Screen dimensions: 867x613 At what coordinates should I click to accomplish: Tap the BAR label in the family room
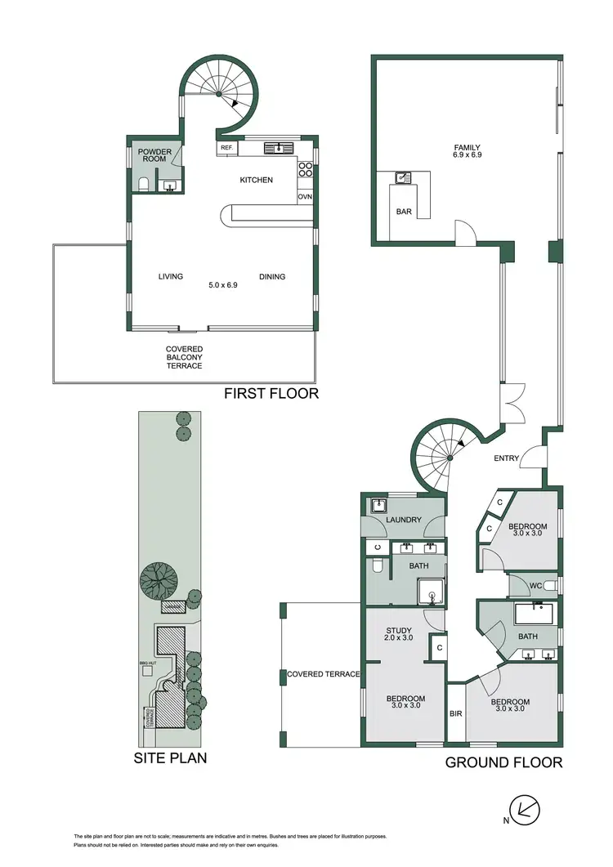[x=403, y=212]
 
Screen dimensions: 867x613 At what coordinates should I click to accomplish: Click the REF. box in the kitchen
[x=226, y=148]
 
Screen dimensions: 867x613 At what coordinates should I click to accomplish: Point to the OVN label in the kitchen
[x=305, y=197]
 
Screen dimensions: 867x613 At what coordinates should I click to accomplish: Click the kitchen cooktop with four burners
[x=305, y=170]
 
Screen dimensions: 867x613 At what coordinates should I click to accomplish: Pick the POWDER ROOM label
[x=154, y=155]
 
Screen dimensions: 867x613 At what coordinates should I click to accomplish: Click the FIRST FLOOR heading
[x=271, y=394]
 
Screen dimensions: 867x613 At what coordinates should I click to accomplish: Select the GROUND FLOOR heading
[x=503, y=762]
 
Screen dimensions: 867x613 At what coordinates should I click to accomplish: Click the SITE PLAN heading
[x=170, y=758]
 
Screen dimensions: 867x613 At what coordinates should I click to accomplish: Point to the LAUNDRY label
[x=405, y=520]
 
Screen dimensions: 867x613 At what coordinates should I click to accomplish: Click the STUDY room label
[x=398, y=631]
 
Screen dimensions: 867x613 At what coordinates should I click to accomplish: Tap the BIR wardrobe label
[x=456, y=713]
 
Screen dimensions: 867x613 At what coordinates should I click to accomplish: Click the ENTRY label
[x=506, y=458]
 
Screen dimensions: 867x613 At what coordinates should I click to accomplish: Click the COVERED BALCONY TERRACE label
[x=185, y=357]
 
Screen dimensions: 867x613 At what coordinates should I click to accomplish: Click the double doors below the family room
[x=512, y=403]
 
